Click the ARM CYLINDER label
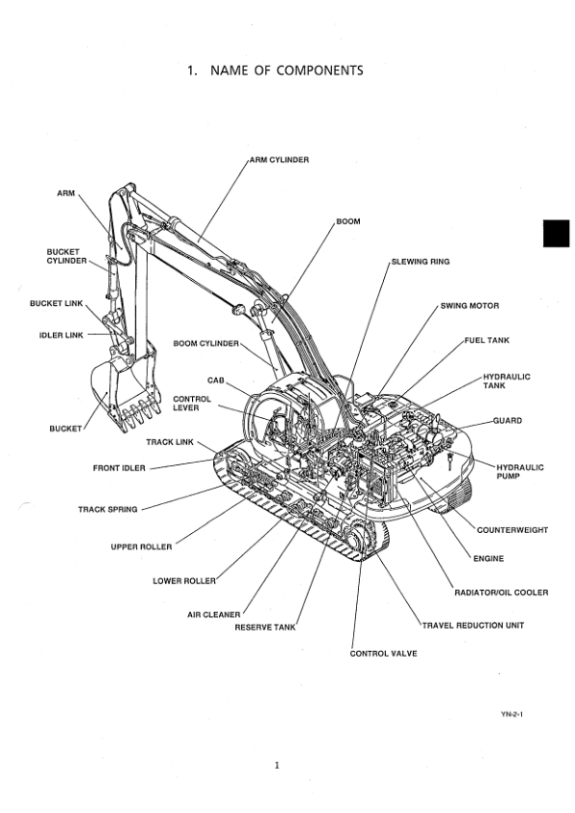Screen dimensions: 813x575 [x=279, y=159]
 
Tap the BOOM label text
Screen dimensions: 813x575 [x=348, y=222]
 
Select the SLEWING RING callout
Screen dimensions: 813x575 [x=420, y=262]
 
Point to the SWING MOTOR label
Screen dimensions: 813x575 [x=470, y=306]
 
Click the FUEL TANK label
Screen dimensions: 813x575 [x=487, y=341]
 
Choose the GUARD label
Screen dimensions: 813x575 [x=507, y=421]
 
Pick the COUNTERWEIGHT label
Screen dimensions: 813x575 [x=512, y=530]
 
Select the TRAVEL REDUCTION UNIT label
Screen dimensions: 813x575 [x=474, y=626]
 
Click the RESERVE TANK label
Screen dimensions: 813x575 [x=265, y=628]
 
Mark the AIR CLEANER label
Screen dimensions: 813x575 [x=213, y=613]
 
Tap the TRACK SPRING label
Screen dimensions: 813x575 [x=108, y=509]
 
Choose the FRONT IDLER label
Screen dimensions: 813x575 [x=120, y=468]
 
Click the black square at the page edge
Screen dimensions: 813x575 [x=557, y=234]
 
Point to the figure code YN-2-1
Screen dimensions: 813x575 [x=511, y=715]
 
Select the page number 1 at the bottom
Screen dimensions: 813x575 [x=277, y=767]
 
